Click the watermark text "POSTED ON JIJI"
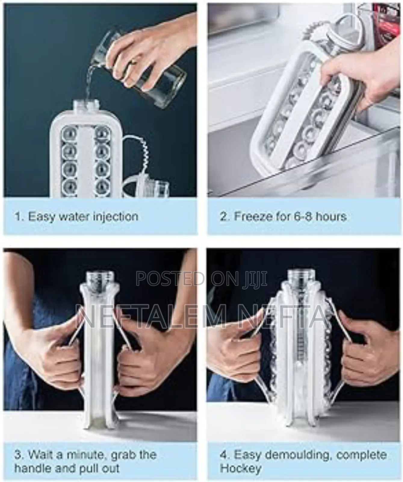(x=201, y=278)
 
